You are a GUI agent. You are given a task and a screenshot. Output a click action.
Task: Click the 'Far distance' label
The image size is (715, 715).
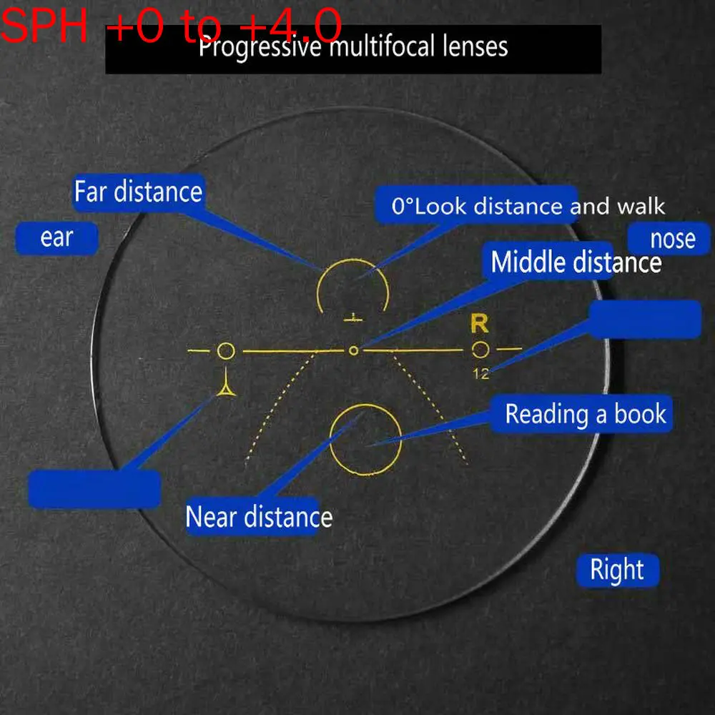138,192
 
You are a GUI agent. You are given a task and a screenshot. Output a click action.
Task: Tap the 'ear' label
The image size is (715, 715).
56,237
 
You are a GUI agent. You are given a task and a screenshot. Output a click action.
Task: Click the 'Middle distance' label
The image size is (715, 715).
576,262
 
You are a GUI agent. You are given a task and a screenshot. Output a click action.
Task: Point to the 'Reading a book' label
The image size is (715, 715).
585,414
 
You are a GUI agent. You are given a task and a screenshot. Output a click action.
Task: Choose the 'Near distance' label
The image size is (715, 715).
259,516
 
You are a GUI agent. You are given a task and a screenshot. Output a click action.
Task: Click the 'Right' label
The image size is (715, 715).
617,570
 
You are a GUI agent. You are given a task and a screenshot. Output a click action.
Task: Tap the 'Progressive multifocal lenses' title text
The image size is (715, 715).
353,47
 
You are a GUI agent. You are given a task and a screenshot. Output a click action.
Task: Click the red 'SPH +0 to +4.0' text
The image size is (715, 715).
172,27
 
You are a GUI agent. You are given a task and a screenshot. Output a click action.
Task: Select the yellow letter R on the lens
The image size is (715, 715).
479,324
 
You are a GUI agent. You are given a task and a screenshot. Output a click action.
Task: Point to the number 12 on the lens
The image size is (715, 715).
480,373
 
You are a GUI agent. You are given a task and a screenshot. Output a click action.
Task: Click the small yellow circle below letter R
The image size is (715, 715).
480,350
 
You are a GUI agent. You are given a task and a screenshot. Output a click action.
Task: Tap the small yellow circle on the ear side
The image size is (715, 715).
225,351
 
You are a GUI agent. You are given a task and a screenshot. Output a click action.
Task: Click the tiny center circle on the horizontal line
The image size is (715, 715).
352,350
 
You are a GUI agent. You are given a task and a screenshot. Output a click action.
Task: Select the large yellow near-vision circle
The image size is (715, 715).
365,438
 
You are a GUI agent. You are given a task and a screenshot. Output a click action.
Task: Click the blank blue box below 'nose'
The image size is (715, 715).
645,319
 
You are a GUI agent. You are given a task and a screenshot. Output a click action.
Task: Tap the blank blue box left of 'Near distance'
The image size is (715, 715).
94,489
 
